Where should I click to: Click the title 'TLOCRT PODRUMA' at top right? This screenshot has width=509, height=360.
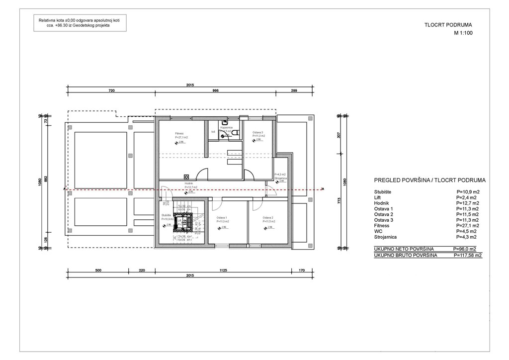(448, 24)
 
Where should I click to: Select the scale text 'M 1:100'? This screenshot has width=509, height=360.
(463, 33)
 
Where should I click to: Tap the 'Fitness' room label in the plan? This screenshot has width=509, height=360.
(180, 133)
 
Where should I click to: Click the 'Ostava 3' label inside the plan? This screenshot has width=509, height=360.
(257, 132)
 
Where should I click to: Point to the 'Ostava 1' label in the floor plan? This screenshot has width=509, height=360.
(222, 218)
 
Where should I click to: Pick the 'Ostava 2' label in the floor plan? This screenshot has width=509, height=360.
(269, 218)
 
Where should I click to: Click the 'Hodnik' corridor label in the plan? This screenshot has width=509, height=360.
(189, 183)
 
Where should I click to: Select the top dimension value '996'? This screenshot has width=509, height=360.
(215, 91)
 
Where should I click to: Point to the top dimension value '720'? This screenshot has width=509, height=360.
(111, 91)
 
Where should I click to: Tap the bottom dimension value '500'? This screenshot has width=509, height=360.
(98, 271)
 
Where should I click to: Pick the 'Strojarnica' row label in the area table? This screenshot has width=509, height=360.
(386, 237)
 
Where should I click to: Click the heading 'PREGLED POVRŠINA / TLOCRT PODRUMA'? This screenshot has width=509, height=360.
(429, 180)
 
